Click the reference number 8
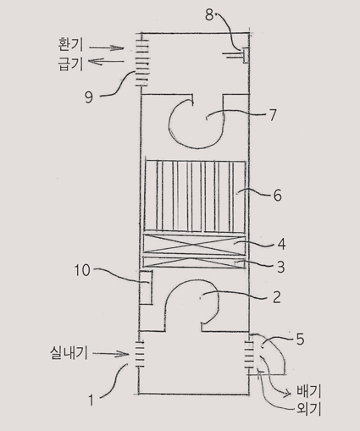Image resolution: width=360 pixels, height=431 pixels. coord(209,14)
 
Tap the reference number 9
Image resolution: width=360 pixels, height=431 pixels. coord(89,97)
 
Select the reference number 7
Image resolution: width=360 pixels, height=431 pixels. coord(272,115)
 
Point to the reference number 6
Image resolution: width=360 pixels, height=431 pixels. coord(277,195)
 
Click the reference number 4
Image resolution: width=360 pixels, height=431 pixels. coord(280,244)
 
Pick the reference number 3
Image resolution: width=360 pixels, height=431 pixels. coord(280,267)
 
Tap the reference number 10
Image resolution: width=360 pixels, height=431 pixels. coord(82,270)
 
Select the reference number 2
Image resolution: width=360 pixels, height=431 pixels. coord(277,297)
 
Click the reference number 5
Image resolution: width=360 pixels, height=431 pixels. coord(300,340)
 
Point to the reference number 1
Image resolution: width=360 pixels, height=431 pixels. coord(91,401)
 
